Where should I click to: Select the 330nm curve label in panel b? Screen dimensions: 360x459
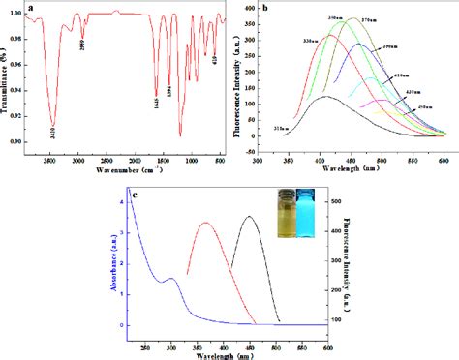coord(316,41)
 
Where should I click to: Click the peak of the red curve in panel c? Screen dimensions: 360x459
coord(205,223)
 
